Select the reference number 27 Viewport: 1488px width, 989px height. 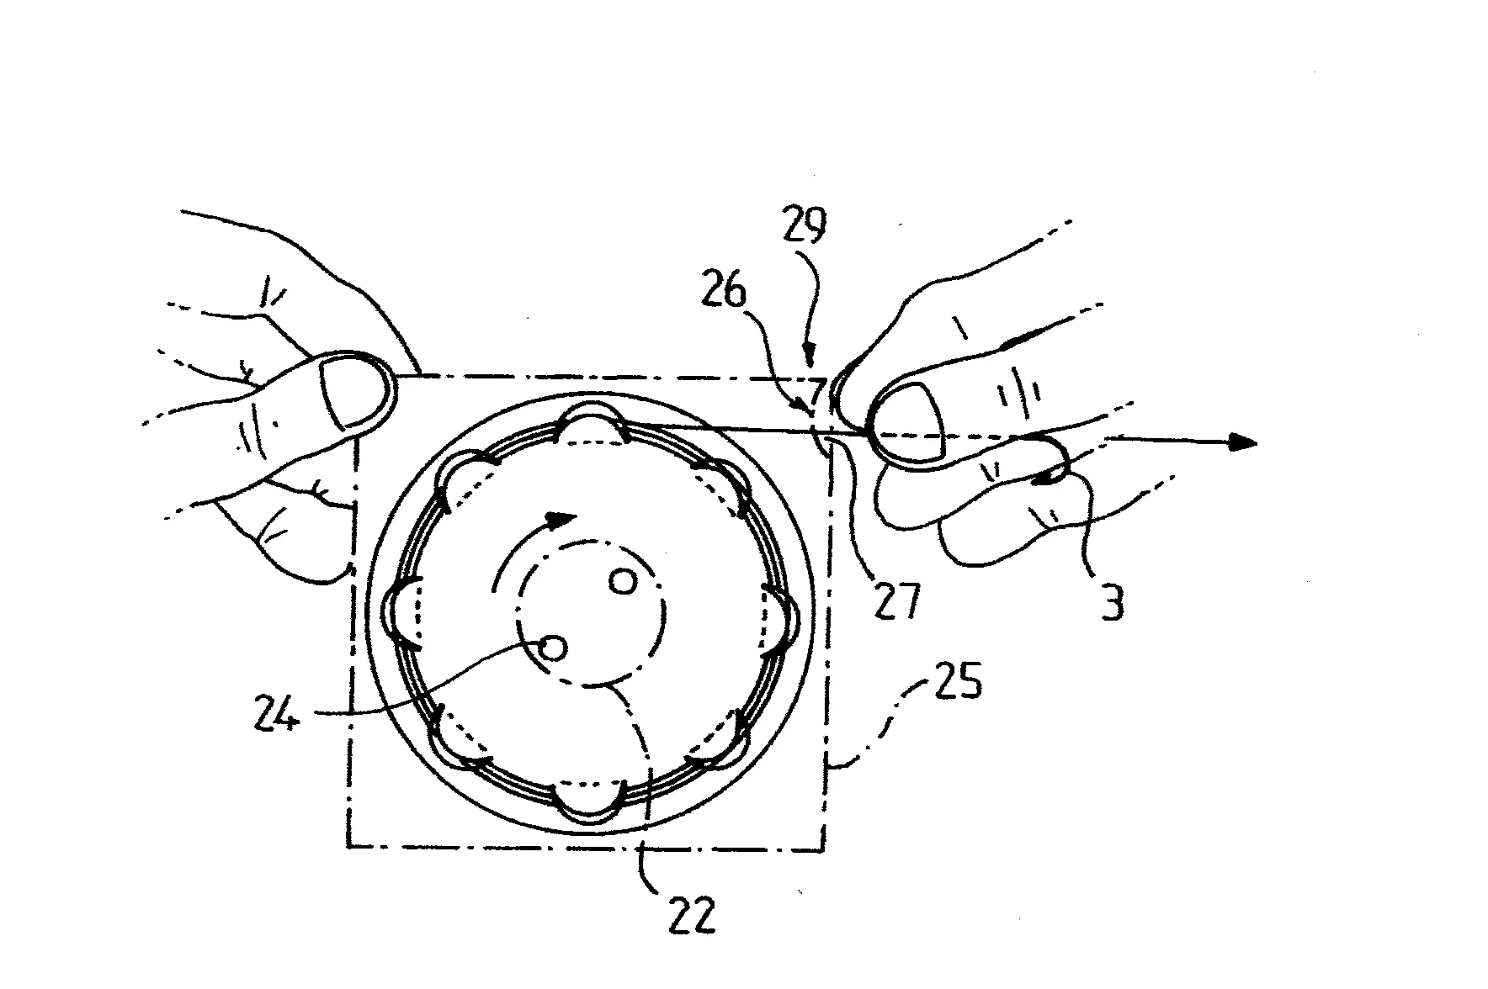coord(896,600)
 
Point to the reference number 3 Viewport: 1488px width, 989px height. coord(1113,602)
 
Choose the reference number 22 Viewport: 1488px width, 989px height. coord(692,915)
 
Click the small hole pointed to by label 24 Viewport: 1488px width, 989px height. coord(553,647)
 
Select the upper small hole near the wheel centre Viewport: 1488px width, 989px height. coord(623,582)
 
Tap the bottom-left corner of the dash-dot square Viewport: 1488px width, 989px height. coord(348,845)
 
